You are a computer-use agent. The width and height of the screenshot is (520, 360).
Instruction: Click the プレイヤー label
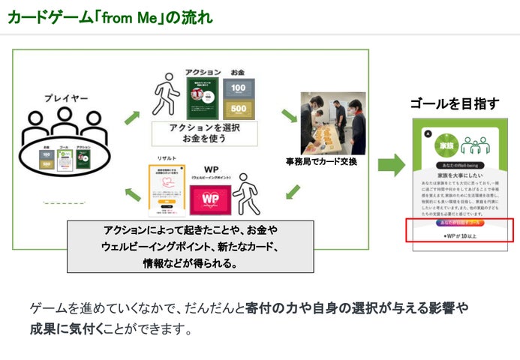(x=66, y=98)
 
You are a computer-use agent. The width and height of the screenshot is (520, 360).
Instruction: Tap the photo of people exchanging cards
(x=332, y=123)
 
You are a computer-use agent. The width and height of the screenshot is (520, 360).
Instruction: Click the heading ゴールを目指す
(x=454, y=103)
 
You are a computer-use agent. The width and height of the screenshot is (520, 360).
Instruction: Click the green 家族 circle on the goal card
(x=444, y=144)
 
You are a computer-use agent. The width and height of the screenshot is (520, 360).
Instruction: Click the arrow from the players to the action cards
(x=132, y=116)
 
